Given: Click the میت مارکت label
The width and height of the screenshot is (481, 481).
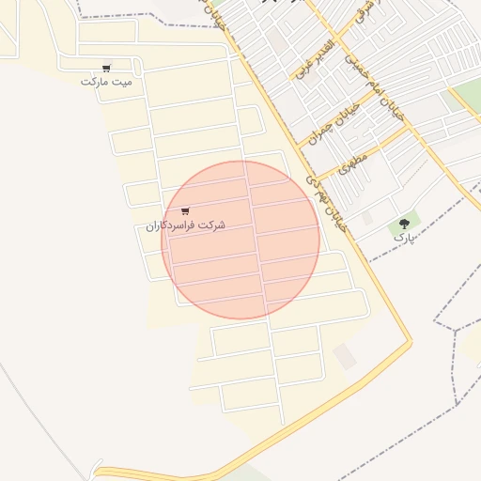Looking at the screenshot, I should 106,82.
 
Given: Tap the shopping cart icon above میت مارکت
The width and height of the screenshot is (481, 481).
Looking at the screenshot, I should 106,68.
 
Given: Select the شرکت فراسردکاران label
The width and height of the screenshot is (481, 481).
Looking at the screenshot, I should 186,226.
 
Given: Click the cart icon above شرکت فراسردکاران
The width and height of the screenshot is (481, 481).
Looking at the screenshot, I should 185,211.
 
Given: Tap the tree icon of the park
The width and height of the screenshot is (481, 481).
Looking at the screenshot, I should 405,224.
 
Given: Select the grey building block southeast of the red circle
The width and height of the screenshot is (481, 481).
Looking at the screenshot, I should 346,356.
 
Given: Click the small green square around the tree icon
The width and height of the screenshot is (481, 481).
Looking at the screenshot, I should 405,225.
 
